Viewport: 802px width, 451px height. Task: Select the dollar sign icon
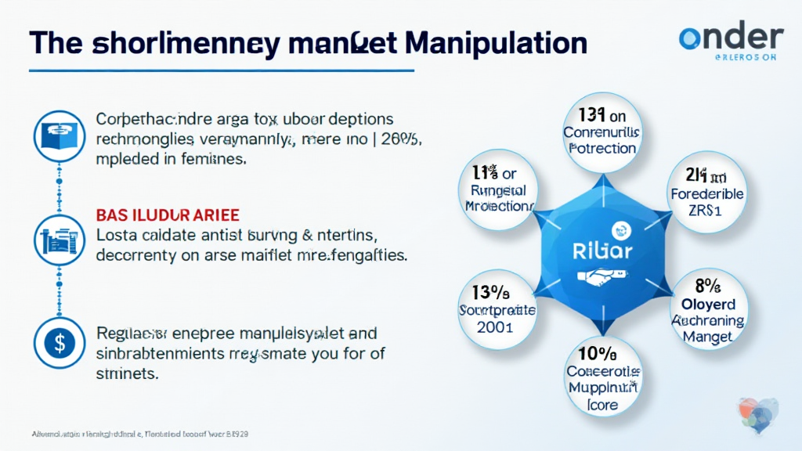[56, 341]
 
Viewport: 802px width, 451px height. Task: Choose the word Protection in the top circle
[602, 149]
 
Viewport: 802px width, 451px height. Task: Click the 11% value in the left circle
[493, 173]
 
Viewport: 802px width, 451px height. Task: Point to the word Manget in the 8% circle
[707, 337]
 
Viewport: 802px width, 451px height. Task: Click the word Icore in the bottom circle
[602, 405]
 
